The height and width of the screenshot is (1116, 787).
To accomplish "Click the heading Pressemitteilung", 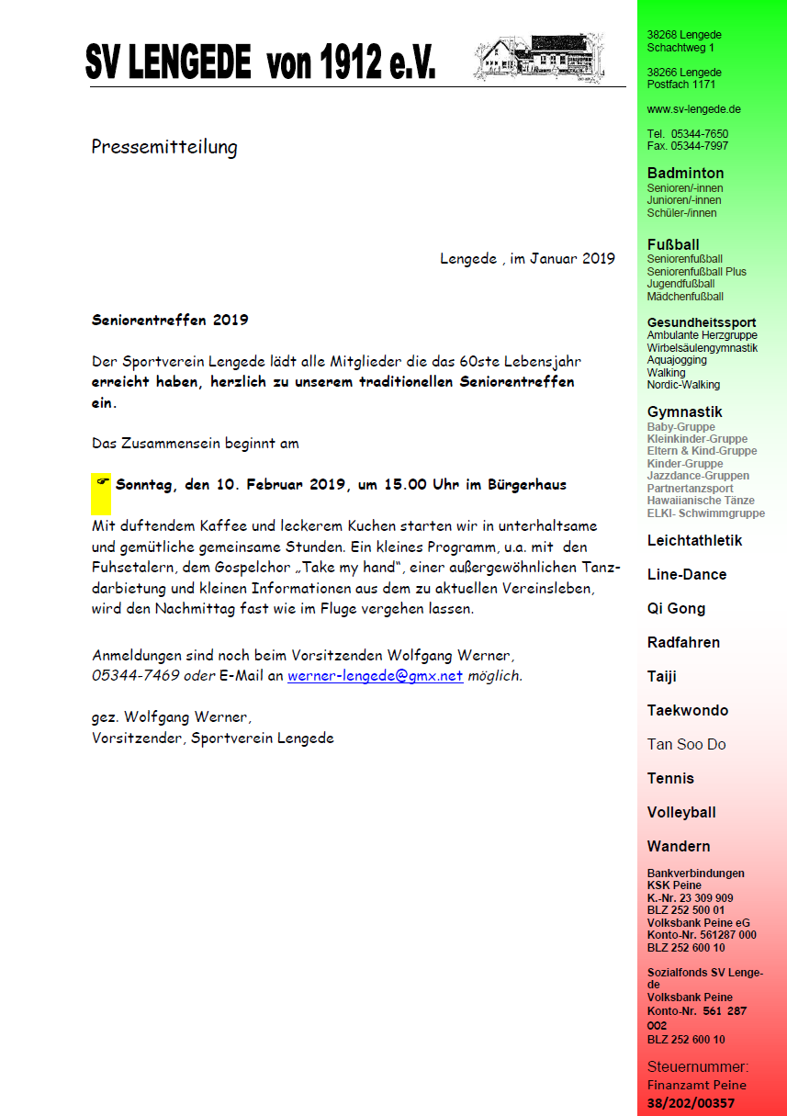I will click(x=164, y=147).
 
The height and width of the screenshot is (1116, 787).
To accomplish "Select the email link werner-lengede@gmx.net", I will click(x=375, y=676).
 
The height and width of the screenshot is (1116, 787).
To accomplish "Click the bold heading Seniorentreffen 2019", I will click(x=170, y=321).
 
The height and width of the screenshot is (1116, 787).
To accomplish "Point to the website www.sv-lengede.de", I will click(x=693, y=109).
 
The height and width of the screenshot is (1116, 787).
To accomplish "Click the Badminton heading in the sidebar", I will click(x=685, y=173).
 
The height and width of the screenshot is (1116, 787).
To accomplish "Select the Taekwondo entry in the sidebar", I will click(x=687, y=710).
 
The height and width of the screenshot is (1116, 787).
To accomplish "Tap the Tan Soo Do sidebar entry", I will click(x=686, y=744).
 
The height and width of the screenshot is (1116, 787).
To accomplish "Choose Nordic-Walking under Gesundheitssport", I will click(x=683, y=385).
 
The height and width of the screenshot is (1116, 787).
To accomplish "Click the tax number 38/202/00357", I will click(x=691, y=1103).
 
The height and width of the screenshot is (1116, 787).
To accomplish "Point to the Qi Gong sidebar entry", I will click(x=676, y=608).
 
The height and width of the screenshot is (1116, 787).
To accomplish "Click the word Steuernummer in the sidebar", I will click(x=697, y=1067).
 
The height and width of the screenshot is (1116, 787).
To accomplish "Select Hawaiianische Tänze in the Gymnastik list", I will click(x=701, y=501).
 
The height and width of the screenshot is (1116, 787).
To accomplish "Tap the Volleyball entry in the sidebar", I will click(x=680, y=812).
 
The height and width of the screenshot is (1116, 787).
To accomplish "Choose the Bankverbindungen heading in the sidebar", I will click(x=695, y=874).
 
